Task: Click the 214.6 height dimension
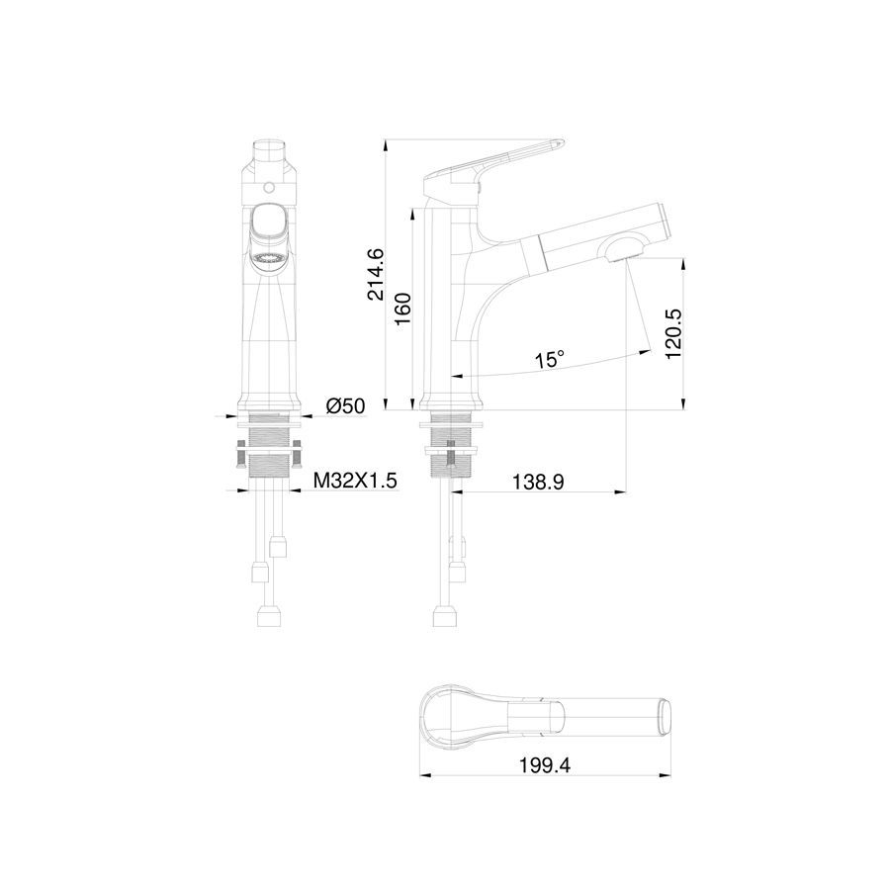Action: pyautogui.click(x=376, y=274)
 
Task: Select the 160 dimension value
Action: pyautogui.click(x=402, y=309)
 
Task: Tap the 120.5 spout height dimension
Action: pyautogui.click(x=673, y=334)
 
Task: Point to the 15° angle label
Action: pyautogui.click(x=550, y=359)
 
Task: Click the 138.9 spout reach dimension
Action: pyautogui.click(x=538, y=482)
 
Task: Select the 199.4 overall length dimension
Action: pyautogui.click(x=544, y=765)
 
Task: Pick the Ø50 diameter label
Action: pyautogui.click(x=346, y=405)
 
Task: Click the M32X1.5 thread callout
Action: pyautogui.click(x=355, y=482)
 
